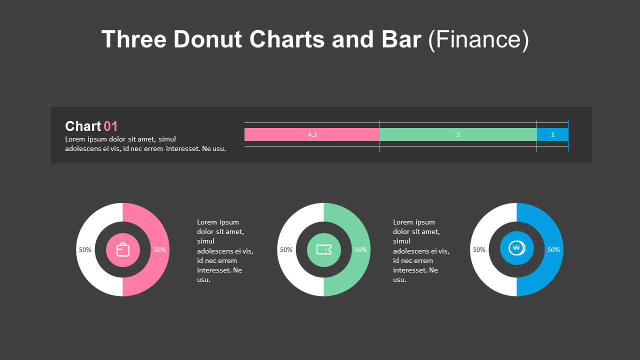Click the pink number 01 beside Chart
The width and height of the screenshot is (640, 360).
(x=110, y=126)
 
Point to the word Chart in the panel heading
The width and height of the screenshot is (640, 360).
(x=83, y=126)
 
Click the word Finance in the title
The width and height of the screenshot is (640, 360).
(x=478, y=39)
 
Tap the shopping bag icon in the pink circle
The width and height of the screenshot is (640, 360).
(x=123, y=249)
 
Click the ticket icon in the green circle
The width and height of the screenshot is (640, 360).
(x=324, y=249)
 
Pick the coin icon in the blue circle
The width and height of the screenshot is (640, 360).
(x=516, y=248)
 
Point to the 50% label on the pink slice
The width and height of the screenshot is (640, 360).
(x=159, y=249)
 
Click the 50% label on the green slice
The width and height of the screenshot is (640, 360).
(x=360, y=249)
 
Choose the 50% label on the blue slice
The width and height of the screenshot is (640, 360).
(x=553, y=249)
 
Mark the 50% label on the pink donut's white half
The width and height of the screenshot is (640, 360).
(x=85, y=249)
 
